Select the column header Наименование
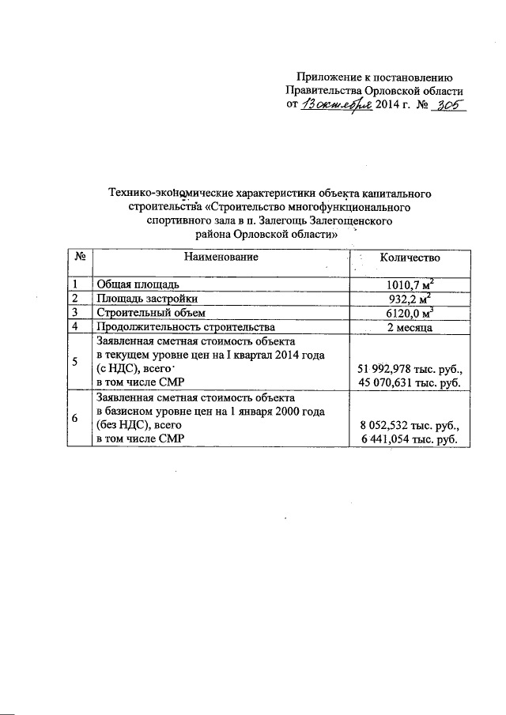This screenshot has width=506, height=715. point(221,257)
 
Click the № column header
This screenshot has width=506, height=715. point(79,257)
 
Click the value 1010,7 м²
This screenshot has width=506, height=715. point(410,283)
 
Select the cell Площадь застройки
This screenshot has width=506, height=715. point(145,298)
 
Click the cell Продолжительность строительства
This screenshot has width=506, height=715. point(185,326)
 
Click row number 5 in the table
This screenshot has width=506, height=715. point(75,363)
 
